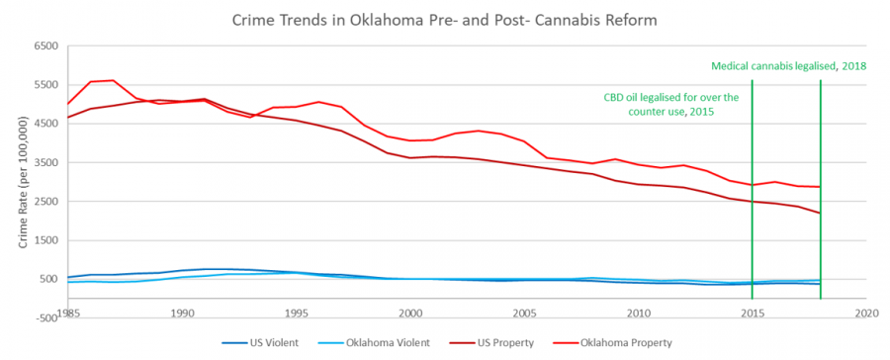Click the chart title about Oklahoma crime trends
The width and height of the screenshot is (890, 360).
[x=445, y=20]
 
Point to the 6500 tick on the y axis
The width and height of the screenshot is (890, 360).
[x=45, y=46]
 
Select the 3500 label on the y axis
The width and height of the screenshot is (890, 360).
[x=45, y=162]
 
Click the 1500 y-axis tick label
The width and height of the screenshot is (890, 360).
[x=45, y=240]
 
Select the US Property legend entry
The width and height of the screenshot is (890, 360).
[x=503, y=343]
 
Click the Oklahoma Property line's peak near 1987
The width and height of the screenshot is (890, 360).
[x=114, y=80]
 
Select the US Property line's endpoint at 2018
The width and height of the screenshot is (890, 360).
[x=820, y=213]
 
